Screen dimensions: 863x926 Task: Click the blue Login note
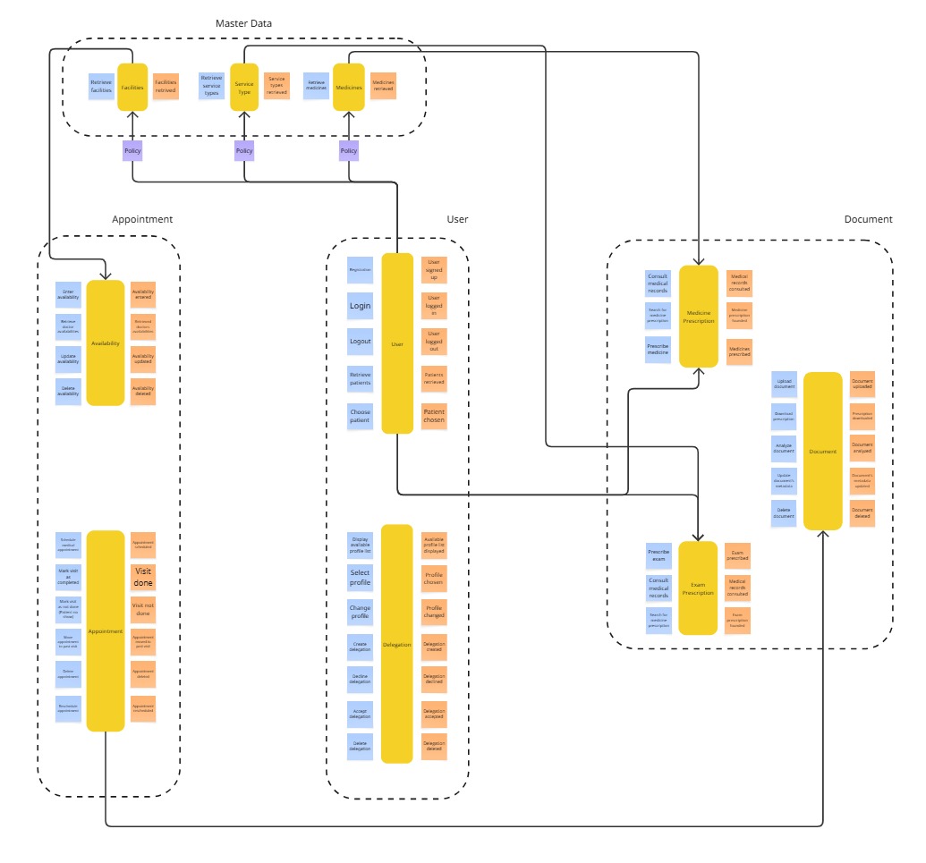360,306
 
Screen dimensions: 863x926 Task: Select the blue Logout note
360,342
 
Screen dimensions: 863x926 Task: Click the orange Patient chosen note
434,416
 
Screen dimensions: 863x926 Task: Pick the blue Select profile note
360,577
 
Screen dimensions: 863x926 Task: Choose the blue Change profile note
360,613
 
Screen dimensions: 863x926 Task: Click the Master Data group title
243,22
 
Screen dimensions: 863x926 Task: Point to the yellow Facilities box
132,87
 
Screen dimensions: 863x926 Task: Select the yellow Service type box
244,87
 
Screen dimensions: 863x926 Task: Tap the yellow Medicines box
348,87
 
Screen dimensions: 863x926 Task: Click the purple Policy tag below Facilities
132,151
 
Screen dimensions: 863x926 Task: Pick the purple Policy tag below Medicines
349,151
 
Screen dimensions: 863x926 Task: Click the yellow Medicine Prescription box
699,316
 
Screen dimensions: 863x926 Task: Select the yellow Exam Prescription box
698,588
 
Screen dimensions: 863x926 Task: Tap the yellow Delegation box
396,644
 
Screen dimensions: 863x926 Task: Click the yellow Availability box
105,343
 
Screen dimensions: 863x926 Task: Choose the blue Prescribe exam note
658,556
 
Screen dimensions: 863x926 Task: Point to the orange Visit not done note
143,610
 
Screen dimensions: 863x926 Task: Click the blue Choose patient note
360,416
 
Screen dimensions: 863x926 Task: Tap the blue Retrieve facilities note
101,87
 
